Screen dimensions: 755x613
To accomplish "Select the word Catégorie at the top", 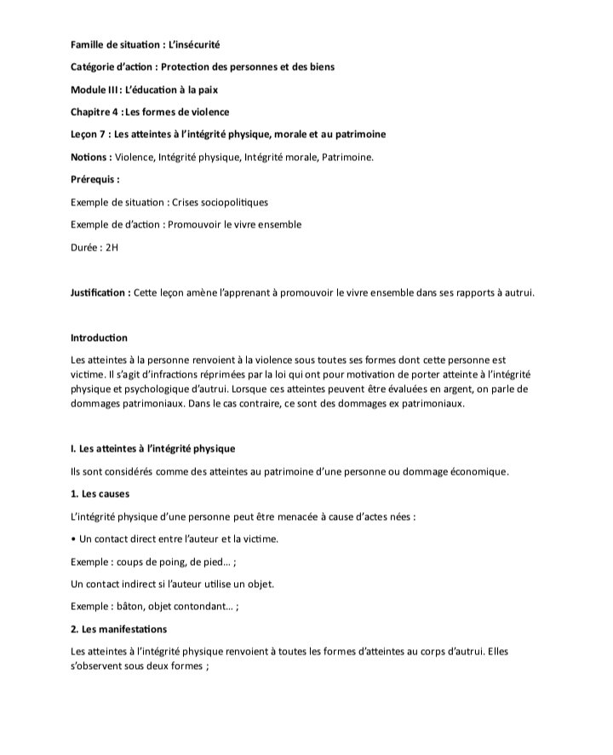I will (95, 66).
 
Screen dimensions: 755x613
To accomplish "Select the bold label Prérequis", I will (94, 180).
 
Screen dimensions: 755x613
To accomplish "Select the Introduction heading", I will (100, 338).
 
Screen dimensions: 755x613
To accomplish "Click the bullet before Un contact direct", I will (74, 539).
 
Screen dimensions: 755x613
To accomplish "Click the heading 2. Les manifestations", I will (119, 629).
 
